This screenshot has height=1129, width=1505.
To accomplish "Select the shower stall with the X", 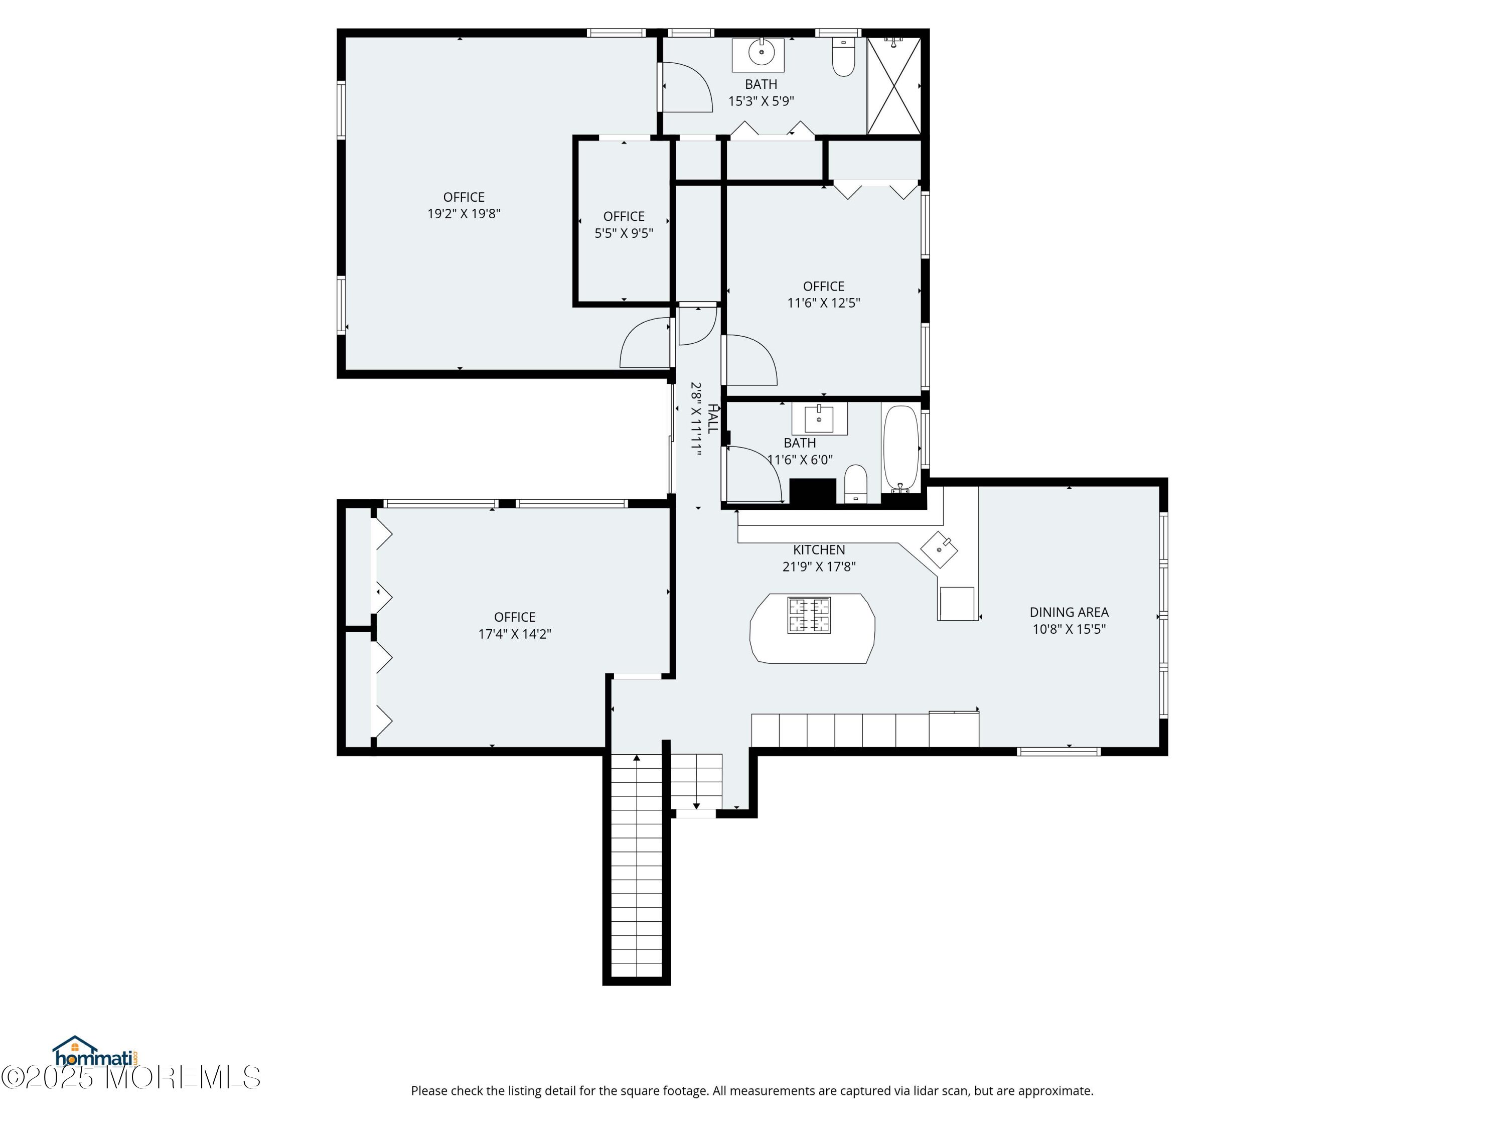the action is tap(894, 86).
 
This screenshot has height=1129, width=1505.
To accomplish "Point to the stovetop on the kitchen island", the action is tap(809, 615).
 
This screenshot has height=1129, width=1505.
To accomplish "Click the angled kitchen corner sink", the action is tap(939, 549).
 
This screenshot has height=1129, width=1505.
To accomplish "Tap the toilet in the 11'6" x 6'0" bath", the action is tap(856, 484).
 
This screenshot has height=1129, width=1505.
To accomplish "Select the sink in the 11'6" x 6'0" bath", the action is tap(819, 419).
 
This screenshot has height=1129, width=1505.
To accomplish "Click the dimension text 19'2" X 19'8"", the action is tap(464, 214).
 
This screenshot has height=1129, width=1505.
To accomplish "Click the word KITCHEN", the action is tap(819, 550).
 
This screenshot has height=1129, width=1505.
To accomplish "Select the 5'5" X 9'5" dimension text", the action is tap(624, 233).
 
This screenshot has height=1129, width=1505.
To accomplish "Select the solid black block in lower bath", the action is tap(812, 493).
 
